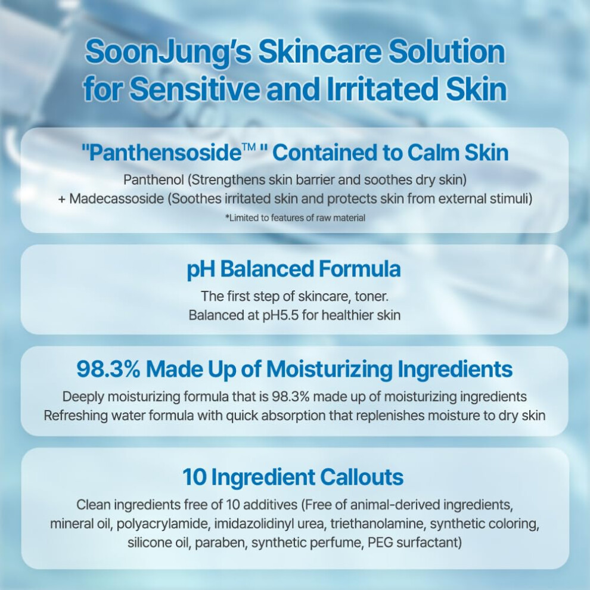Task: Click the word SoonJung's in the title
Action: [x=169, y=52]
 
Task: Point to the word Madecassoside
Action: [x=117, y=198]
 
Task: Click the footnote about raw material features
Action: [x=295, y=218]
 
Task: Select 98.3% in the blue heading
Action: [x=108, y=369]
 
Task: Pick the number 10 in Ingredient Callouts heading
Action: [x=194, y=477]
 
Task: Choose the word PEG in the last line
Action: [x=381, y=542]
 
